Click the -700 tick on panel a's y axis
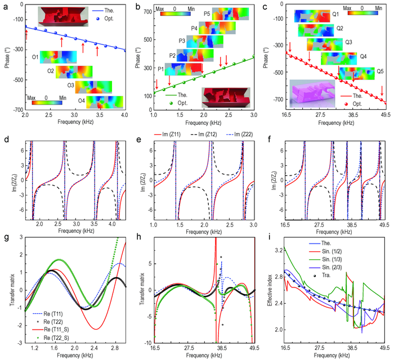pyautogui.click(x=15, y=109)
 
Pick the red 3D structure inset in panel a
pyautogui.click(x=59, y=17)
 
